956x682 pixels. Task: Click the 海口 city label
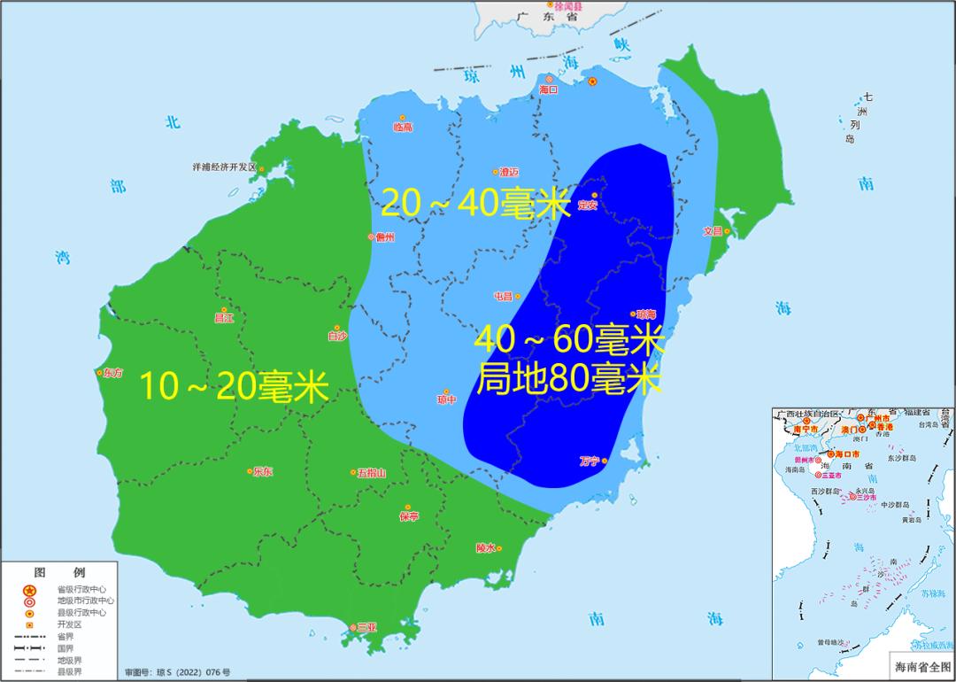[549, 90]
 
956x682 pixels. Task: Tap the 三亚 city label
[366, 627]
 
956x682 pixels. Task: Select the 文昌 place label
[713, 231]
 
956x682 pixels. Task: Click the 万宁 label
[590, 461]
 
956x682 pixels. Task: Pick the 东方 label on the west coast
[113, 373]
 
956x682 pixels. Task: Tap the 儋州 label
[384, 236]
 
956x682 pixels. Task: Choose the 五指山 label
[372, 473]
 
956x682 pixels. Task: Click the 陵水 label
[486, 548]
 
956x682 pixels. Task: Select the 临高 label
[403, 128]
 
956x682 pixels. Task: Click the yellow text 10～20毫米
[235, 387]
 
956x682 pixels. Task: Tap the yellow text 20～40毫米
[474, 205]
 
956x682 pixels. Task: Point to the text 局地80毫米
[569, 380]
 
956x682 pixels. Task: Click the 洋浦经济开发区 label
[224, 167]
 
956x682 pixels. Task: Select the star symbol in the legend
[28, 590]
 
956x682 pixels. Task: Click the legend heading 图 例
[60, 572]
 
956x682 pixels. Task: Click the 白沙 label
[337, 337]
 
